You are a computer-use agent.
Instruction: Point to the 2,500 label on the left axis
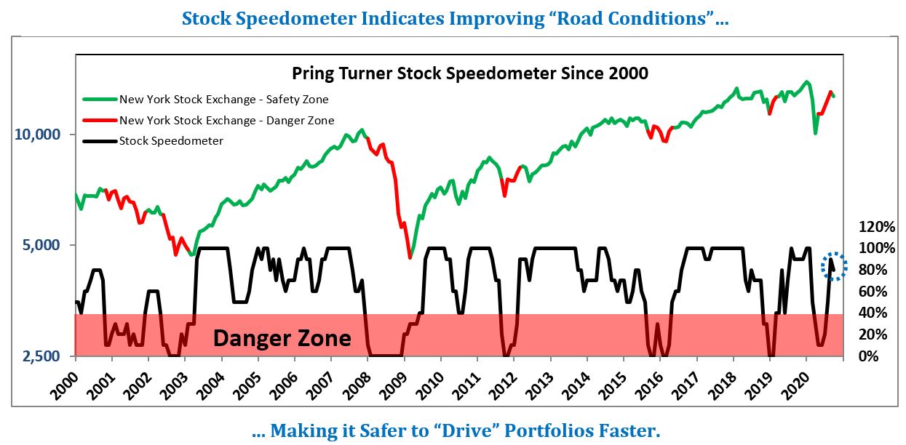tap(47, 356)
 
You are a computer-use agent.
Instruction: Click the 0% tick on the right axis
tap(871, 356)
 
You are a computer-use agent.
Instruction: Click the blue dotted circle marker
tap(835, 266)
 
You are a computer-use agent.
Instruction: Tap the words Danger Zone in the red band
tap(282, 338)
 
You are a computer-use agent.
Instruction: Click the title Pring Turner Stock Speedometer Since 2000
tap(469, 73)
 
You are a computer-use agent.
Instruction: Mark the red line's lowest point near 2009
tap(410, 257)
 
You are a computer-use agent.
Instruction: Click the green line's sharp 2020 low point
tap(816, 133)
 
